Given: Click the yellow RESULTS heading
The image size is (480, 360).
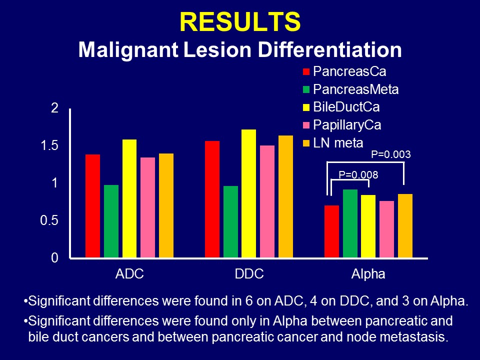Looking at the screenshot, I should tap(239, 21).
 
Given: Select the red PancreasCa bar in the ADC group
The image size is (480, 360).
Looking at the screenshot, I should tap(92, 206).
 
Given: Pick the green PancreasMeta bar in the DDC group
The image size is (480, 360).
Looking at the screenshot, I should tap(230, 222).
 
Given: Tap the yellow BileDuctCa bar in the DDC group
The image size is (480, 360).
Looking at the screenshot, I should tap(249, 193).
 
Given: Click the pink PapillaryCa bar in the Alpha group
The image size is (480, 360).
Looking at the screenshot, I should tap(387, 229).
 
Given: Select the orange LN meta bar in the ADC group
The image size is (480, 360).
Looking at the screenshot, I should tap(166, 205).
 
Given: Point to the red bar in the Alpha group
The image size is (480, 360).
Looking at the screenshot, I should tap(331, 231).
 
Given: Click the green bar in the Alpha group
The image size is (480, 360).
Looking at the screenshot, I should tap(350, 223).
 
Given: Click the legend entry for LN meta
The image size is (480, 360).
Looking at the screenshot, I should tap(337, 143).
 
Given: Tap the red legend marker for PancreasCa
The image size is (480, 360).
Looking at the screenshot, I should tap(306, 71).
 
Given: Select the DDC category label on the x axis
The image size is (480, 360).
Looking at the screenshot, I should tap(249, 274).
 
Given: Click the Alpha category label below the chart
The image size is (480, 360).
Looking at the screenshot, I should tap(368, 274).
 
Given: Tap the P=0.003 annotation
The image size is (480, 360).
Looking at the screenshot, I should tap(390, 154).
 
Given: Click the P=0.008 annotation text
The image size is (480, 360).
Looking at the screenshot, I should tap(358, 175).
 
